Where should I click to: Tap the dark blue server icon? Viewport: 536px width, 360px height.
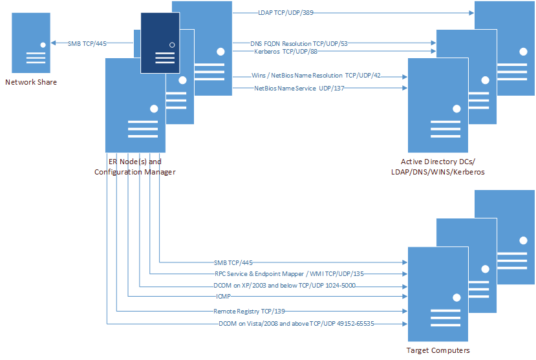[x=160, y=43]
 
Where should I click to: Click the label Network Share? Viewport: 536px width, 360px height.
[x=31, y=82]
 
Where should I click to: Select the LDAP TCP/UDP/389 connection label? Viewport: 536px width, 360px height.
[x=285, y=12]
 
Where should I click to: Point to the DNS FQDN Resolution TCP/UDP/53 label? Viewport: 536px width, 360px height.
[x=299, y=43]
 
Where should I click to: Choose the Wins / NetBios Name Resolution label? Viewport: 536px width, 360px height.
[x=316, y=76]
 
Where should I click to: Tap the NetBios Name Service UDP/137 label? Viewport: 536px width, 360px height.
[x=299, y=89]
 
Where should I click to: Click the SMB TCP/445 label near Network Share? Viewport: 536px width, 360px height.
[x=87, y=43]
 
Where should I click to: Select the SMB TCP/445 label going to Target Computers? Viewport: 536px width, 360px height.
[x=233, y=263]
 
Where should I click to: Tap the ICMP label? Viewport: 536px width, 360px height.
[x=223, y=297]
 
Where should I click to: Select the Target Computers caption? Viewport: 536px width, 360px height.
[x=438, y=351]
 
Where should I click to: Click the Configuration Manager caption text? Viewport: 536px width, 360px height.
[x=135, y=172]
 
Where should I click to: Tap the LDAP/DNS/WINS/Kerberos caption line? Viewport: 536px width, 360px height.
[x=438, y=172]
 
